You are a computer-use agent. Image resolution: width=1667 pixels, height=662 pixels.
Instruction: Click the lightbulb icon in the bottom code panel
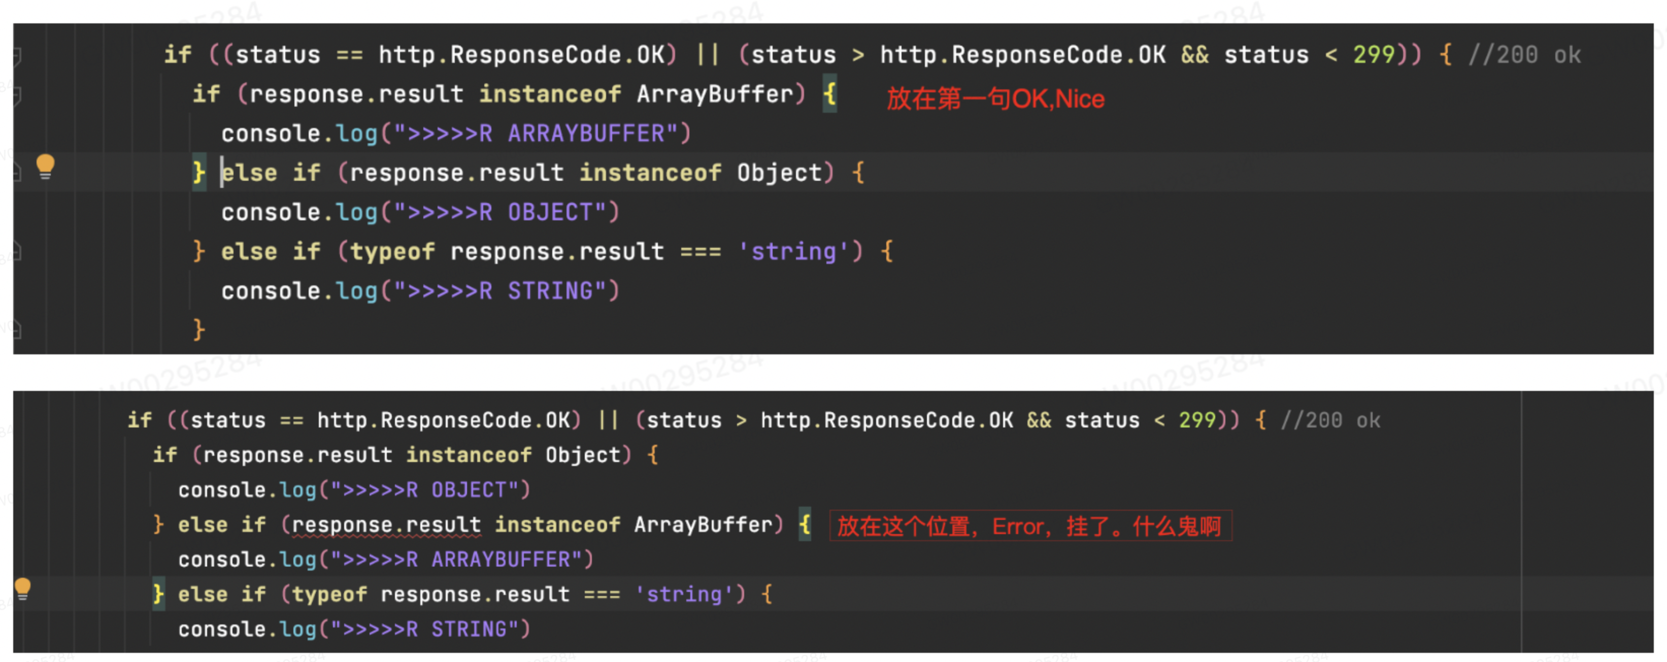[23, 589]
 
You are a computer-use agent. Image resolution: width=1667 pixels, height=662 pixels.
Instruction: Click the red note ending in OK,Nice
[995, 99]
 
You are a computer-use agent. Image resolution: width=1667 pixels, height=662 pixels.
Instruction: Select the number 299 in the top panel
[1373, 55]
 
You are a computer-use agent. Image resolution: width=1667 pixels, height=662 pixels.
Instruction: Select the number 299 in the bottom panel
[1197, 421]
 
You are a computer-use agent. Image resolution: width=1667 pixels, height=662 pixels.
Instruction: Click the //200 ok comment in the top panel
[1524, 55]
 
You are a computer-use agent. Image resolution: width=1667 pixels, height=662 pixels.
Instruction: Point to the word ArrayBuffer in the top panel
[714, 94]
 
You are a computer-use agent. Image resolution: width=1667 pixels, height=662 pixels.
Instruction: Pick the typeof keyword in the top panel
[392, 252]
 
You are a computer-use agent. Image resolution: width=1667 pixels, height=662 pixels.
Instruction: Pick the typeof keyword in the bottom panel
[329, 594]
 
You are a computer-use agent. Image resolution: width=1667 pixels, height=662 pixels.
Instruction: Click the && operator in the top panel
[1194, 55]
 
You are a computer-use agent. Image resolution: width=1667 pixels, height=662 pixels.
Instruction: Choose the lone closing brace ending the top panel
[198, 330]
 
